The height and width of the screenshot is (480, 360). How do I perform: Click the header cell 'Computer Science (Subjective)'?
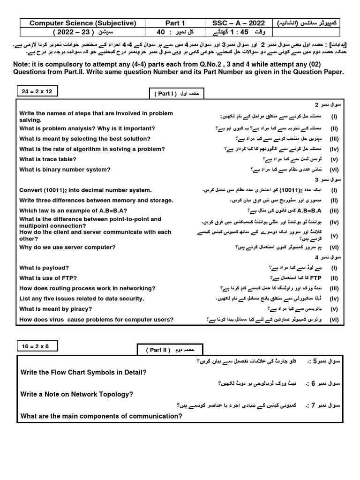click(82, 23)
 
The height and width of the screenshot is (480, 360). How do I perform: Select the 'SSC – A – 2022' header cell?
click(239, 23)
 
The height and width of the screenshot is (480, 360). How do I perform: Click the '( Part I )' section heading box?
click(177, 94)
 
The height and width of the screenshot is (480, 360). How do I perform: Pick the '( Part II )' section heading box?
click(170, 350)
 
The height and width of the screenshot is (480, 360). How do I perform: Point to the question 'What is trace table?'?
click(48, 159)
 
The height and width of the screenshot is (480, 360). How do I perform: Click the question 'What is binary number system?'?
click(65, 170)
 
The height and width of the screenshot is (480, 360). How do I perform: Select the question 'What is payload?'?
click(44, 268)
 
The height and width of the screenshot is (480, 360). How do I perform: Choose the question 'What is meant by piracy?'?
click(55, 309)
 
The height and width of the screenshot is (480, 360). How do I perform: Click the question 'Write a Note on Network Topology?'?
click(77, 394)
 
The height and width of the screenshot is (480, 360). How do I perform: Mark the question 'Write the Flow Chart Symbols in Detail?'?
click(84, 372)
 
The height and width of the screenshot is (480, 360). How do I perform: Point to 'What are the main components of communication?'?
click(101, 416)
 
